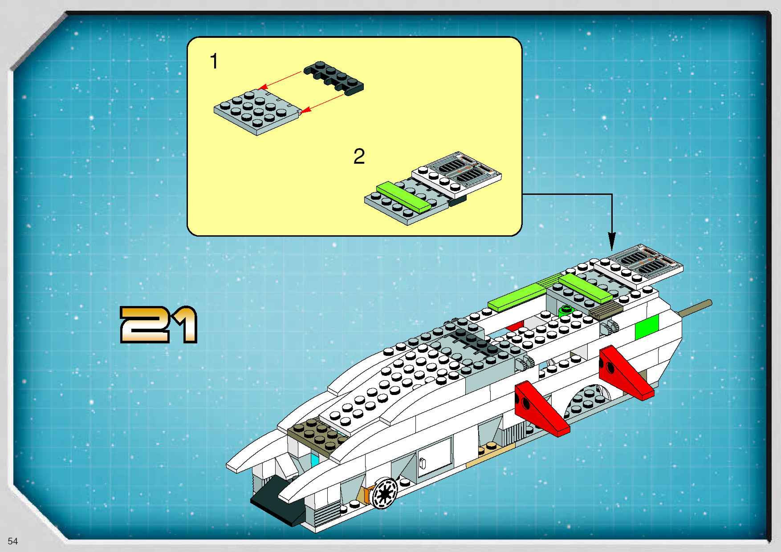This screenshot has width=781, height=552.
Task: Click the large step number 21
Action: [x=159, y=325]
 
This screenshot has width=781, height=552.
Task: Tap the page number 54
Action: [x=13, y=541]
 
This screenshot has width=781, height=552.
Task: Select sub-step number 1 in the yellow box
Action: [x=214, y=61]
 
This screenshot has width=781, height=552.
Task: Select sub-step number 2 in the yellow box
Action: [x=359, y=156]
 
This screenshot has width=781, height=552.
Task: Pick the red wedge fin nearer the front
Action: [x=541, y=410]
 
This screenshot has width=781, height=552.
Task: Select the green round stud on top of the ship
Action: [x=565, y=309]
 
